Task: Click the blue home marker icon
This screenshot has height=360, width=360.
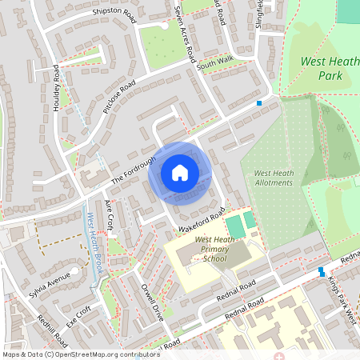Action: (x=180, y=173)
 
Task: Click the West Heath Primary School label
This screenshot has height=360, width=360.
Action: (x=215, y=249)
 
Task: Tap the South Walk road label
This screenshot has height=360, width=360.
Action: (x=215, y=65)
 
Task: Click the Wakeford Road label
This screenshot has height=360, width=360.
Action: (x=199, y=222)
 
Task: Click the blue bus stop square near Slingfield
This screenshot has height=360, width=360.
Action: (x=258, y=103)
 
